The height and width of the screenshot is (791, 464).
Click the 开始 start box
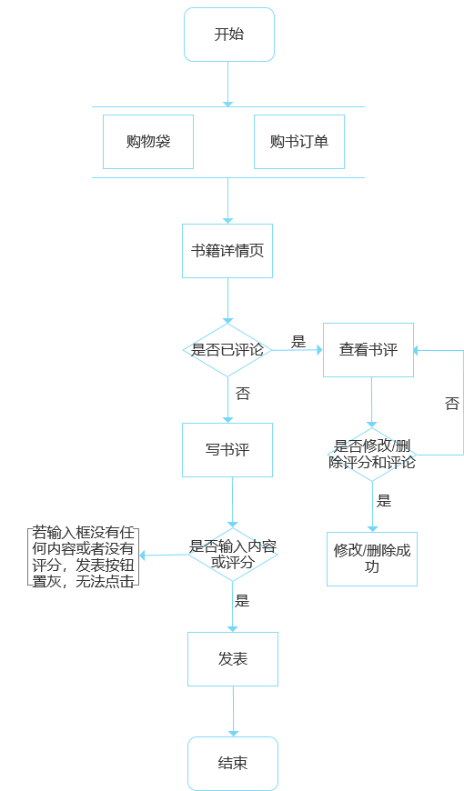228,35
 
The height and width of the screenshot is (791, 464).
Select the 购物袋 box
148,142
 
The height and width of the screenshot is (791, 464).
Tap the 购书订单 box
299,142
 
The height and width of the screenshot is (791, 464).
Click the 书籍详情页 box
227,250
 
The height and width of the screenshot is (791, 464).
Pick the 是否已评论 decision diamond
227,349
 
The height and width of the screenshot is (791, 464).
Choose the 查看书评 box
368,349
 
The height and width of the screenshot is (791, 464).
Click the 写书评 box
227,450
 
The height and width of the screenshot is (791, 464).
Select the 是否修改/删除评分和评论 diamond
371,454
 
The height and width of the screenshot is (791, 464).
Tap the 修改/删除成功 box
371,558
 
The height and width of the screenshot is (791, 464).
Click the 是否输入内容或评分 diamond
233,554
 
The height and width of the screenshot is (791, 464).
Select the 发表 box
233,659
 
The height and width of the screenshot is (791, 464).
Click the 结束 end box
233,763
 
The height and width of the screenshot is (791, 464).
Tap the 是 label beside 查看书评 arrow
298,342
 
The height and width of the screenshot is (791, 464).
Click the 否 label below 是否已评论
243,394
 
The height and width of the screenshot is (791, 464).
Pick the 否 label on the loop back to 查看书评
452,404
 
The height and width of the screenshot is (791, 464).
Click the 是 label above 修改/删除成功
384,501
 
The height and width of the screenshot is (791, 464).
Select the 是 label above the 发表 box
242,601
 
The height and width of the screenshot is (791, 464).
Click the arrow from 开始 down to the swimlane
228,84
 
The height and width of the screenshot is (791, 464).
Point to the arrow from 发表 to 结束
233,711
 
